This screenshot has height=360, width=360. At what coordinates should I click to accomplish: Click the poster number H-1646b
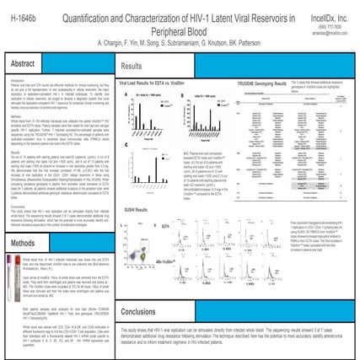(22, 13)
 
